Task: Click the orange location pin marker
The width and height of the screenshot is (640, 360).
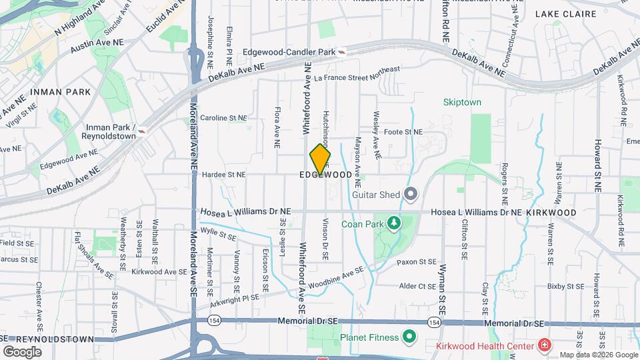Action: tap(320, 160)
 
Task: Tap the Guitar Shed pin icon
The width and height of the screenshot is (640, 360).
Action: tap(411, 195)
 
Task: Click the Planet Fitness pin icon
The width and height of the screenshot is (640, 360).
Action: tap(409, 337)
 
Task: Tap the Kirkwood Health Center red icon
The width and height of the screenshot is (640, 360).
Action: tap(545, 345)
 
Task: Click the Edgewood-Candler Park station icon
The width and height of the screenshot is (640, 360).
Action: tap(342, 51)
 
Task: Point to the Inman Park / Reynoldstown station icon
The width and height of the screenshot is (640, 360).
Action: tap(141, 136)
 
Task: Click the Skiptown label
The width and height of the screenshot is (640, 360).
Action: tap(462, 102)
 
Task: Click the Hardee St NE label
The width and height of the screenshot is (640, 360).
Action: tap(224, 175)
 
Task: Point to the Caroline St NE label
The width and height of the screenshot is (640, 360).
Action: tap(224, 117)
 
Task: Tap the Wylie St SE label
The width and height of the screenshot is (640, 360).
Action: tap(219, 235)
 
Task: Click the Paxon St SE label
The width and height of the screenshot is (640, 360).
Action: tap(417, 262)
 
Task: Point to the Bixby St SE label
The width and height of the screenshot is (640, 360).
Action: tap(565, 286)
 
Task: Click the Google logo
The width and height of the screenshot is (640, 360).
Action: tap(23, 351)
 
